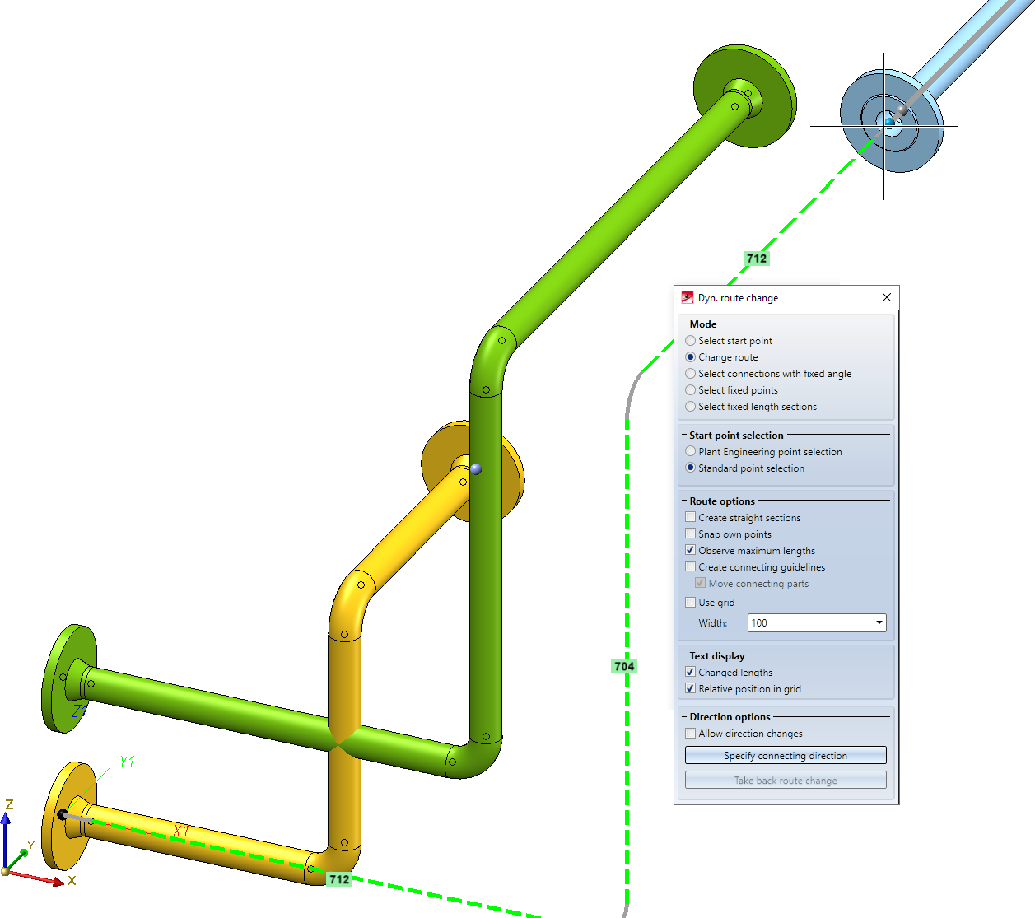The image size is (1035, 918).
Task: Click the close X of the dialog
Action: click(886, 297)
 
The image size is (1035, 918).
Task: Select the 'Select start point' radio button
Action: click(690, 340)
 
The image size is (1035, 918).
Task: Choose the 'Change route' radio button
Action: click(690, 356)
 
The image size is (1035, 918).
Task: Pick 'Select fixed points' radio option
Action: click(690, 389)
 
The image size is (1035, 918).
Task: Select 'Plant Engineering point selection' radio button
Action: click(690, 451)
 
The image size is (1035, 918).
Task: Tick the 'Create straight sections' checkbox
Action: click(690, 517)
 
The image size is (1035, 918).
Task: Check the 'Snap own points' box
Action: click(690, 534)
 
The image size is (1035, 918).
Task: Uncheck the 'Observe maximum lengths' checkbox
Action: click(690, 550)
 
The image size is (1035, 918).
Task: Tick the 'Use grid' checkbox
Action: click(690, 603)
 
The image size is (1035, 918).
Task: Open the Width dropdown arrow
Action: click(879, 622)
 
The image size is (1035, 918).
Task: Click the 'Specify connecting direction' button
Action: click(786, 756)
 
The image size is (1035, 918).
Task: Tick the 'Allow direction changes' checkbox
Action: click(690, 733)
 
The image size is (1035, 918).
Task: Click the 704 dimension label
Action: click(624, 666)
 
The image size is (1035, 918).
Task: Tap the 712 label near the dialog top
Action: click(757, 259)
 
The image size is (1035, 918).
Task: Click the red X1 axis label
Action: click(181, 832)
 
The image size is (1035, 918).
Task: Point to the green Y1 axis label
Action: click(127, 762)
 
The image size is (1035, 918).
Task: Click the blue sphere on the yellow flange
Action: click(476, 469)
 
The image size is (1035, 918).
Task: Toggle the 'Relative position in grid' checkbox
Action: click(690, 688)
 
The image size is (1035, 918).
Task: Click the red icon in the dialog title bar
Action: click(687, 297)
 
